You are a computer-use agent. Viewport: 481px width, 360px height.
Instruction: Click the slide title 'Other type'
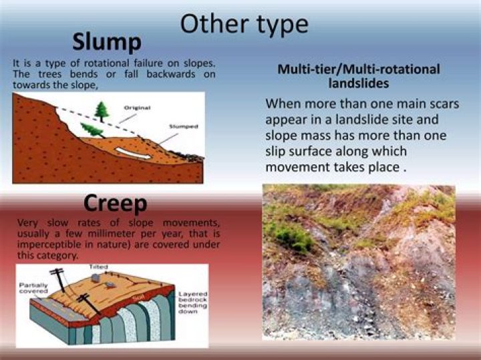pos(244,24)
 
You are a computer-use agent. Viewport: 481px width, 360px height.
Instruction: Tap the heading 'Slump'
pos(107,42)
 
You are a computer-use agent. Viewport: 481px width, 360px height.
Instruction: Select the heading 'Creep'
pos(115,203)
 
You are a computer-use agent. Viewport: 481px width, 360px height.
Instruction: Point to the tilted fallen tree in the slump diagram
pos(92,129)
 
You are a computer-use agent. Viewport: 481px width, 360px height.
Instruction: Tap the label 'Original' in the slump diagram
pos(138,107)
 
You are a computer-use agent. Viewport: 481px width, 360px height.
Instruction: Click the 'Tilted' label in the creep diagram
pos(98,267)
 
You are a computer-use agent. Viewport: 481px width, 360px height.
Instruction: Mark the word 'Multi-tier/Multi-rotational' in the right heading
pos(359,69)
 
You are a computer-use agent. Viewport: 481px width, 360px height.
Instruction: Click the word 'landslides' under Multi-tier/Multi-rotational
pos(359,83)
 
